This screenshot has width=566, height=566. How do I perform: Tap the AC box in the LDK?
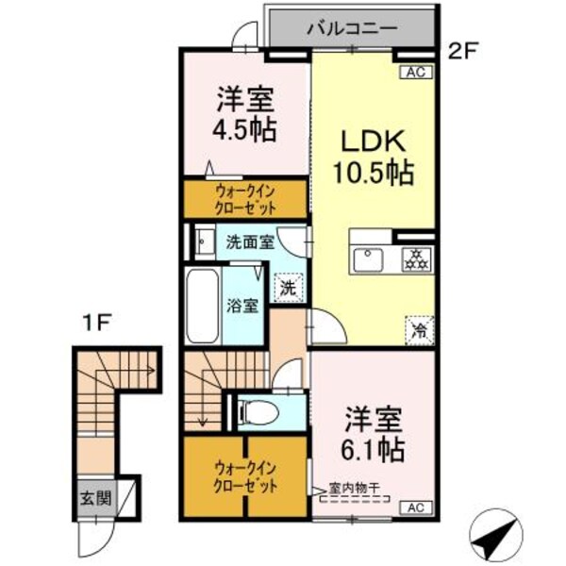pos(415,70)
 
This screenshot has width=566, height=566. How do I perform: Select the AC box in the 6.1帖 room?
pos(415,508)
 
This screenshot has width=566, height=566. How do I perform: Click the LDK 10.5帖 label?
pos(372,156)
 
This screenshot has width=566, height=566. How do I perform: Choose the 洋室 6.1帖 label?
pos(372,433)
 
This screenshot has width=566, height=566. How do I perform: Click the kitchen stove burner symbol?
pos(415,258)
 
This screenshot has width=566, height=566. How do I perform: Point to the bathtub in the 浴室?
pos(202,307)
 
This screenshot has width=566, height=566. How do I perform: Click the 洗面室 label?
pos(251,241)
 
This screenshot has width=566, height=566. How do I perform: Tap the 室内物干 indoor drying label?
pos(348,489)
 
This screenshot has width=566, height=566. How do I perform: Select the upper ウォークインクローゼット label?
pos(244,199)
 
